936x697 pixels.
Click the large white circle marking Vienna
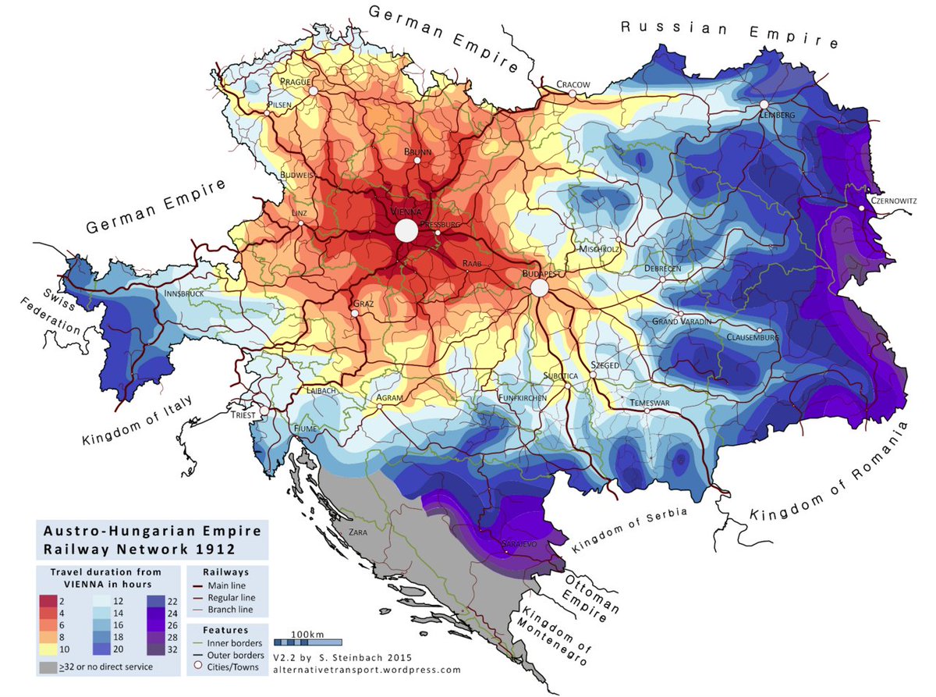pyautogui.click(x=406, y=231)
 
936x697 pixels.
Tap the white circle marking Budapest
pyautogui.click(x=539, y=289)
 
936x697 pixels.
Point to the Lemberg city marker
pyautogui.click(x=764, y=104)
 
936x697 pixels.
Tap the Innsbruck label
pyautogui.click(x=184, y=293)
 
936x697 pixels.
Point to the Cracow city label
pyautogui.click(x=573, y=84)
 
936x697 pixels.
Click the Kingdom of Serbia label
pyautogui.click(x=630, y=531)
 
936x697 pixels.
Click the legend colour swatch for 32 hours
pyautogui.click(x=156, y=647)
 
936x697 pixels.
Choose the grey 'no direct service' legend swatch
pyautogui.click(x=48, y=667)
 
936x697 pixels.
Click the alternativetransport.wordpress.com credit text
pyautogui.click(x=367, y=669)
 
